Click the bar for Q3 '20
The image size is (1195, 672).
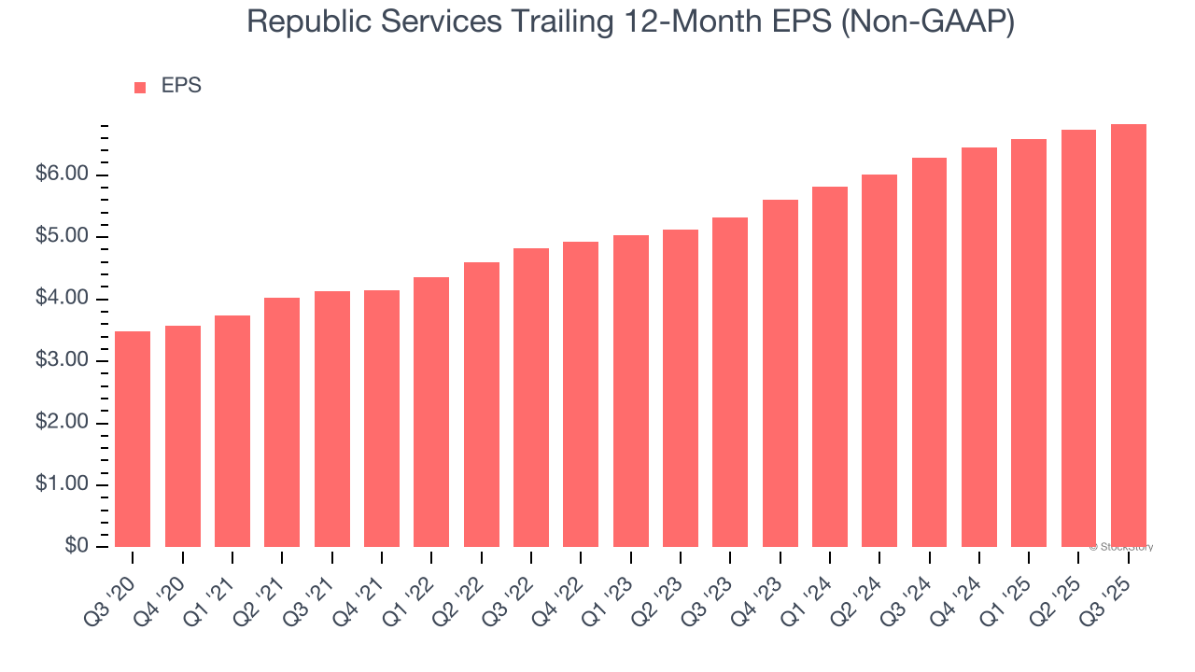coord(133,439)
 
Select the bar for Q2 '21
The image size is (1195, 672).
coord(282,422)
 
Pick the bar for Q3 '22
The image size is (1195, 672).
coord(531,398)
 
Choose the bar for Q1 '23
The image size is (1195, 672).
coord(630,391)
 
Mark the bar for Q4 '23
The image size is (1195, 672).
coord(780,373)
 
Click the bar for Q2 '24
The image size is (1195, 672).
coord(879,360)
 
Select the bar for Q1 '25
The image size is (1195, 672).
coord(1029,343)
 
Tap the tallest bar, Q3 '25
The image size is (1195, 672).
coord(1128,335)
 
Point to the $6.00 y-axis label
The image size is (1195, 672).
coord(61,175)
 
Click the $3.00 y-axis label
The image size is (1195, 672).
coord(61,361)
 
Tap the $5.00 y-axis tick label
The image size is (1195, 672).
coord(61,237)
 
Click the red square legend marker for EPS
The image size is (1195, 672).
coord(140,87)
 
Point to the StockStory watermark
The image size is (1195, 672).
coord(1120,547)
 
